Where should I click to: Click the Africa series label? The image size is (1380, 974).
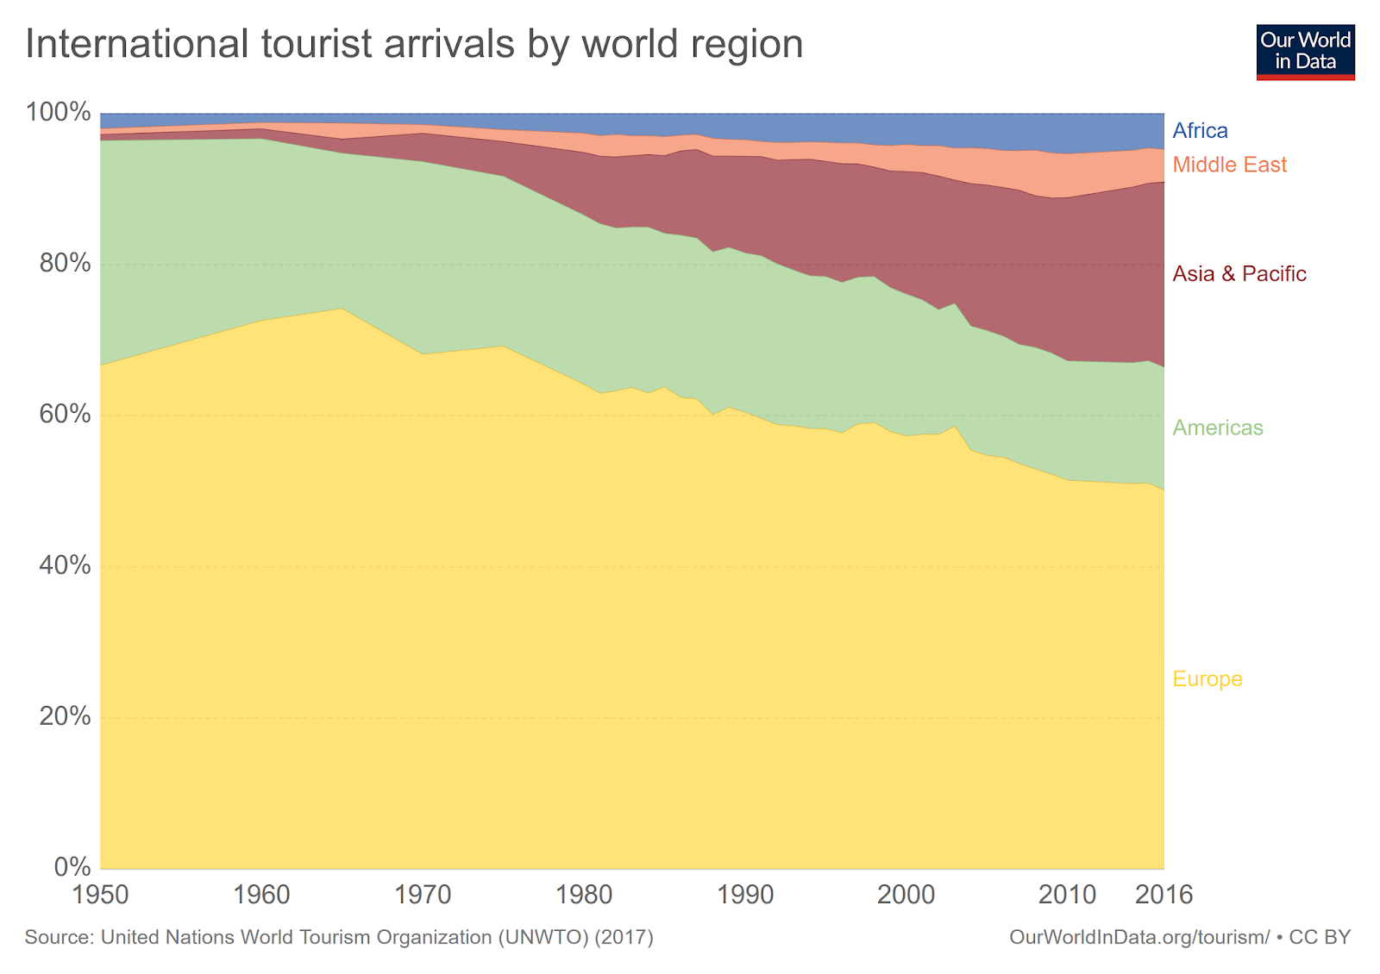click(1200, 131)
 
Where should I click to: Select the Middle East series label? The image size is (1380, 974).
click(1229, 165)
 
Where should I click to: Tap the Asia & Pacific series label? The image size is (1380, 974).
click(1239, 274)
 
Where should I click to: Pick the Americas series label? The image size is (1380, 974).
click(1217, 428)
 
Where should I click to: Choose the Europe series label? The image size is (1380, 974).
click(1207, 679)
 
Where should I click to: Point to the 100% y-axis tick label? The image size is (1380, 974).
click(58, 112)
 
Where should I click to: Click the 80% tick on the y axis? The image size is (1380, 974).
click(65, 263)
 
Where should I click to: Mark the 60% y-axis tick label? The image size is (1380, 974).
click(65, 415)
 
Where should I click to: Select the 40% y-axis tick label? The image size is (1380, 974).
click(65, 565)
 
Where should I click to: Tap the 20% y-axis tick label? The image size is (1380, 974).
click(65, 716)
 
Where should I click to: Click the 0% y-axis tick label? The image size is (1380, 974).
click(72, 867)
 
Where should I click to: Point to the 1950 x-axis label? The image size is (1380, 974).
click(101, 895)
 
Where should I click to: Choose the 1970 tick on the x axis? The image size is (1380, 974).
click(423, 895)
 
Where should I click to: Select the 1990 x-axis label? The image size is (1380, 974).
click(745, 895)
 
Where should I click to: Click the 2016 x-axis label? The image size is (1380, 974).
click(1164, 895)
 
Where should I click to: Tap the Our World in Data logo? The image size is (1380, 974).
click(1305, 52)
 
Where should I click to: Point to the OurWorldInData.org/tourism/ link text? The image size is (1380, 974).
click(1139, 938)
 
